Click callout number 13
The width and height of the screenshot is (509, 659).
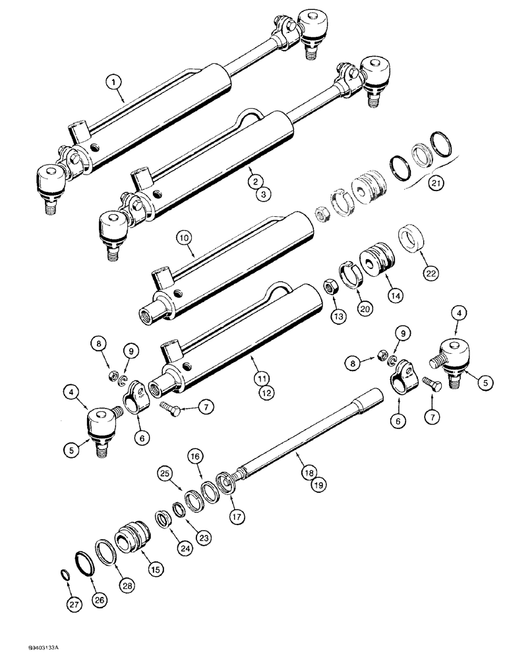[338, 317]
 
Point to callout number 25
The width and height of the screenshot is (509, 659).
[165, 473]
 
